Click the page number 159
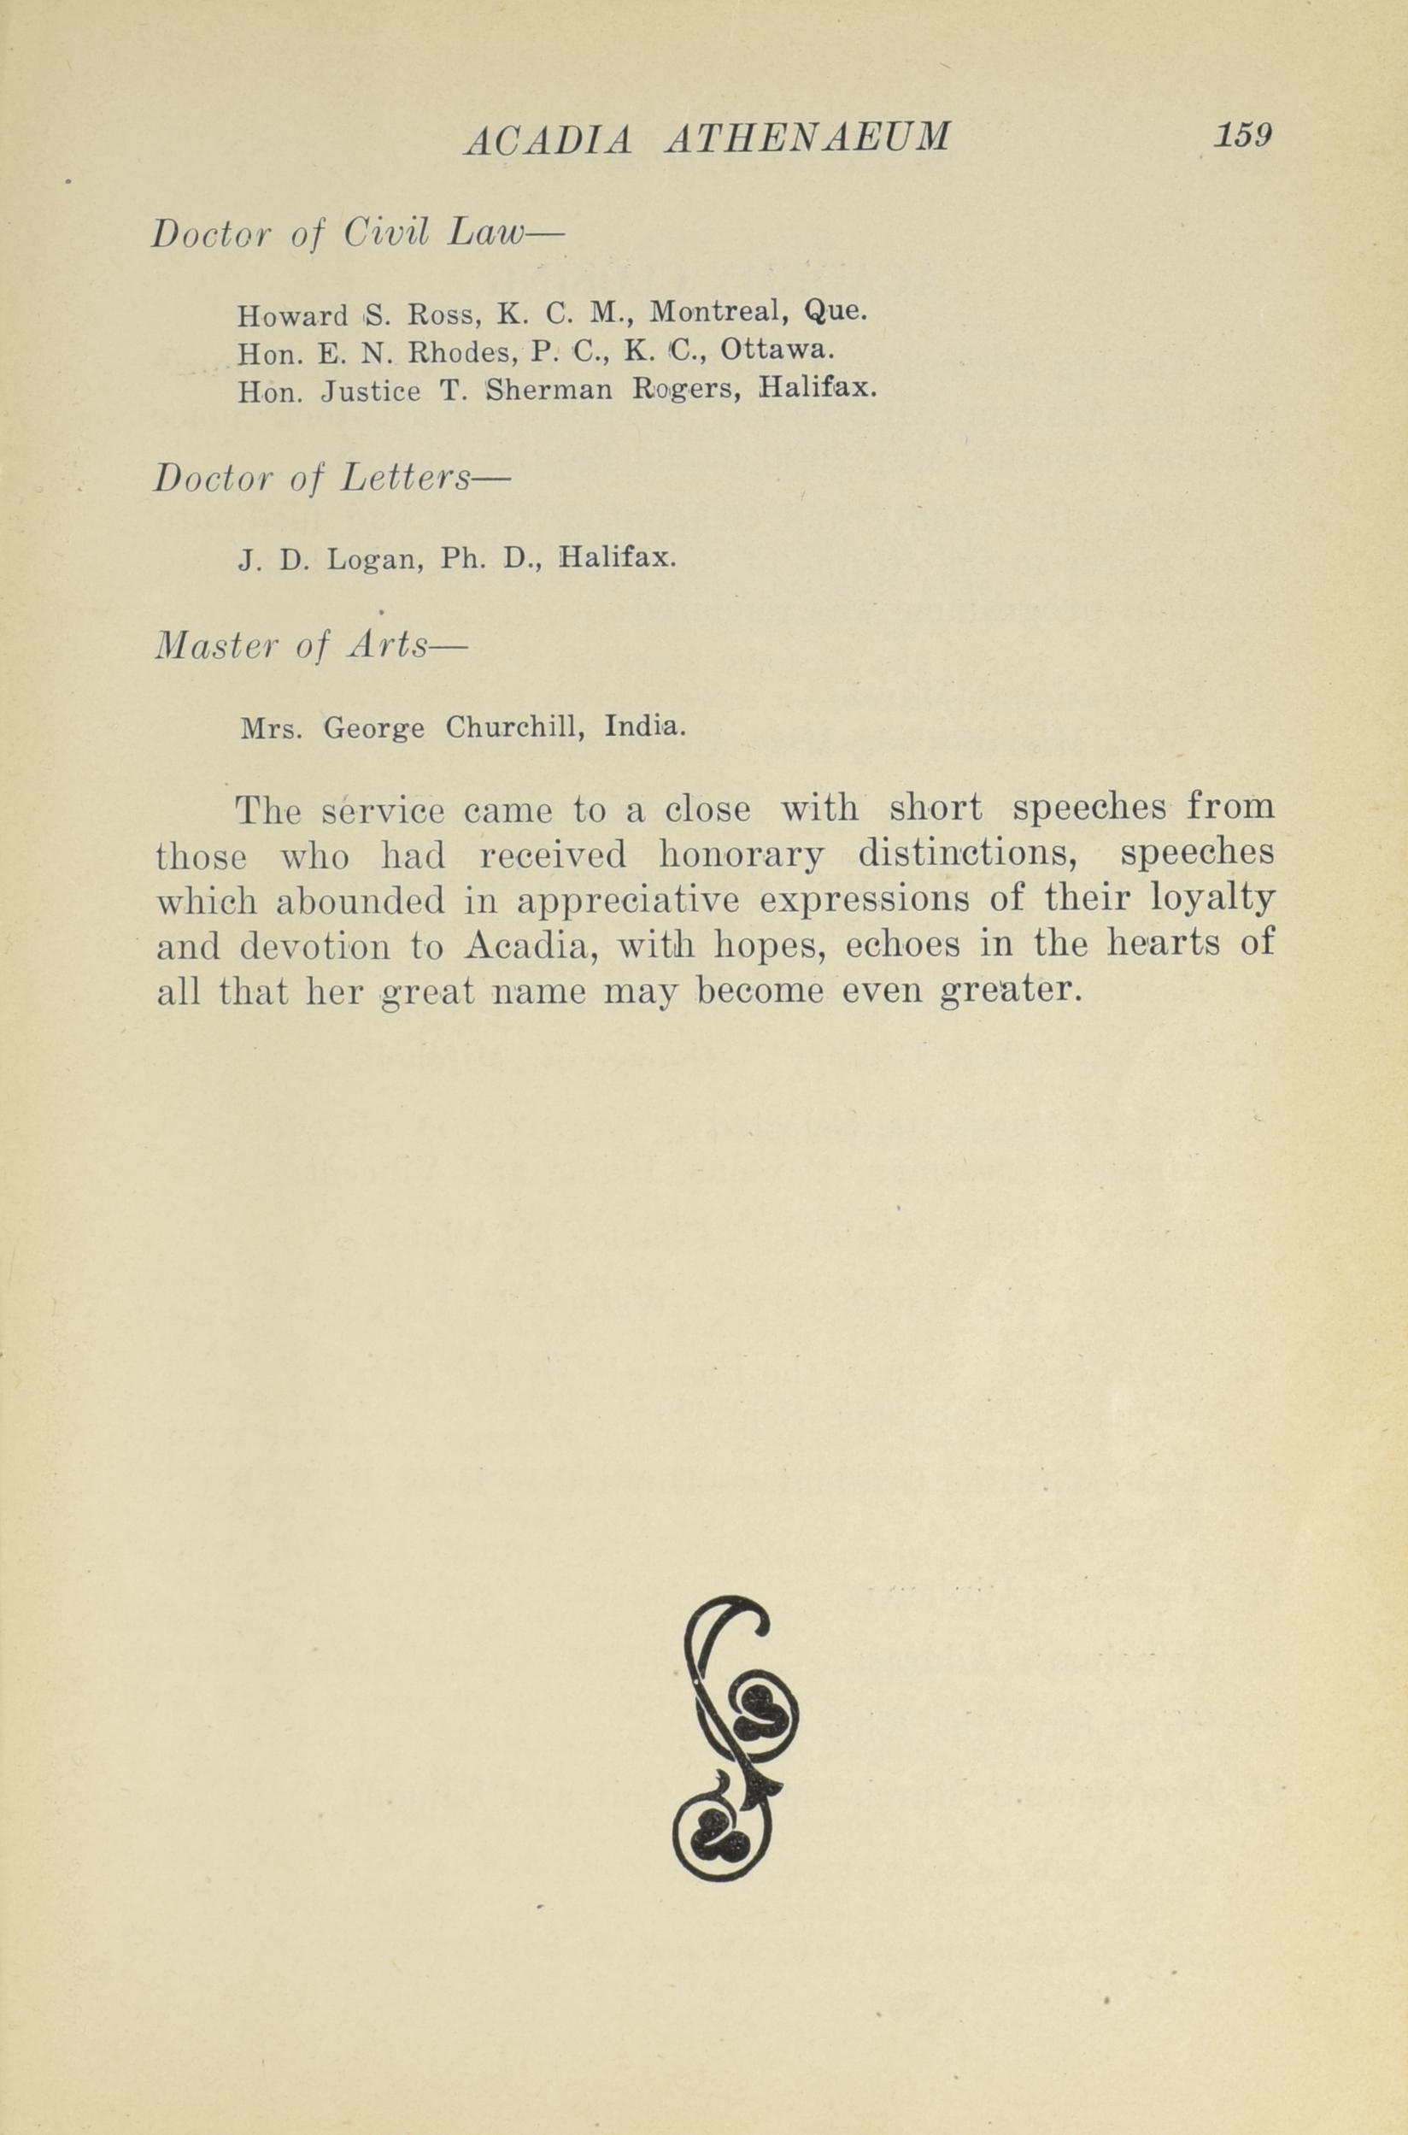tap(1243, 135)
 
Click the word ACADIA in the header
tap(548, 140)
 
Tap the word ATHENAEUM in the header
tap(807, 138)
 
